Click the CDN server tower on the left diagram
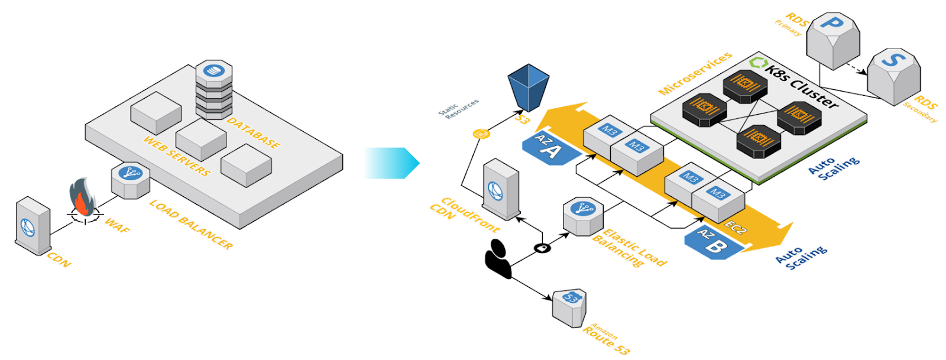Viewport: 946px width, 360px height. pyautogui.click(x=33, y=226)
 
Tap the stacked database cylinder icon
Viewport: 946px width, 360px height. pyautogui.click(x=213, y=89)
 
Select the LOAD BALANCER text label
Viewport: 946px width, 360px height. pyautogui.click(x=190, y=224)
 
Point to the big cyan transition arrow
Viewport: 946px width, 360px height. pyautogui.click(x=391, y=163)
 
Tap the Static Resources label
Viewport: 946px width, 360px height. pyautogui.click(x=459, y=109)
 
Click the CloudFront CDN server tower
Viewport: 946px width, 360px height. pyautogui.click(x=501, y=190)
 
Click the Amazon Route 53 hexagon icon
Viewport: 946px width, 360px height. pyautogui.click(x=569, y=307)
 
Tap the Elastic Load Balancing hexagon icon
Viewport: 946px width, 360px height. pyautogui.click(x=582, y=216)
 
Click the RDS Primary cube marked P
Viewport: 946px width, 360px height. pyautogui.click(x=833, y=41)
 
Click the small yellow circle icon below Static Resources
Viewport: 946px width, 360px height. pyautogui.click(x=481, y=134)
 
